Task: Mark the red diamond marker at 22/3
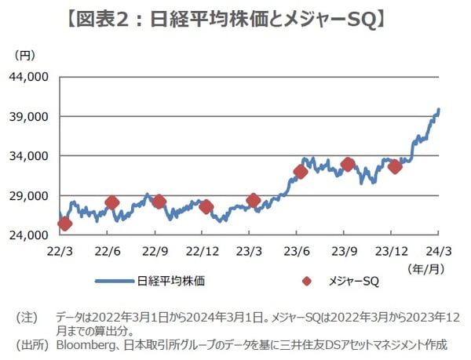pos(64,224)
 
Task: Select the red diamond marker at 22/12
pos(206,207)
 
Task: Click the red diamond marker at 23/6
pos(301,172)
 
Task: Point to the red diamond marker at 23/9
pos(348,165)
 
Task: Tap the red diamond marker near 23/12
pos(395,166)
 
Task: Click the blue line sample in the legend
pos(113,280)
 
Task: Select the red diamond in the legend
pos(307,280)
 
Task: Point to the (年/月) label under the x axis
pos(425,267)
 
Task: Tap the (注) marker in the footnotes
pos(27,317)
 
